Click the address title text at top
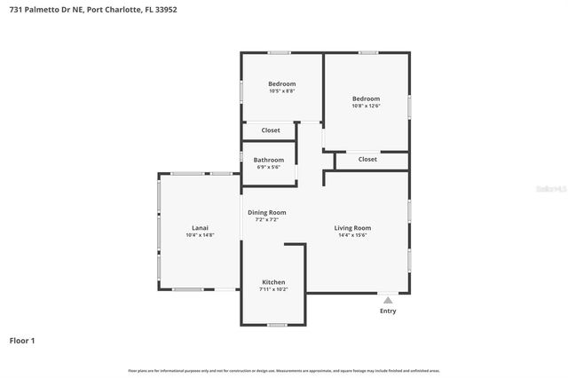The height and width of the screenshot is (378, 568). (78, 11)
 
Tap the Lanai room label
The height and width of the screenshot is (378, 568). (200, 227)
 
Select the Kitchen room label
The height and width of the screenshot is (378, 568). (272, 281)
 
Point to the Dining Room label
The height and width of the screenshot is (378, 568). (266, 212)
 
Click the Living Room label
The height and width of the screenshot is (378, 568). (352, 227)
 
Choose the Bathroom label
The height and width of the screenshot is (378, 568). (269, 160)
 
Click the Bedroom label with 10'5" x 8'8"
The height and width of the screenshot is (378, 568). (281, 83)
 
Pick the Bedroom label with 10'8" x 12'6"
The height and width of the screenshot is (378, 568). (365, 98)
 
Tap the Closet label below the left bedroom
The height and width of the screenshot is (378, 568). (271, 130)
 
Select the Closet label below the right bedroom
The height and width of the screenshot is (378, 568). (367, 159)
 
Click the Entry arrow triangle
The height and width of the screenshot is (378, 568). (388, 300)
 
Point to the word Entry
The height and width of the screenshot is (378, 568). (388, 311)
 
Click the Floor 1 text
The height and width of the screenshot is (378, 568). (22, 340)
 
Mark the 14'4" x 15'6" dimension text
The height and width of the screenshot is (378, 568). (352, 235)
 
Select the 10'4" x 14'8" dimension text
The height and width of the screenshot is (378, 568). (200, 235)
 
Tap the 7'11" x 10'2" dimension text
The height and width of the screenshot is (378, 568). (272, 289)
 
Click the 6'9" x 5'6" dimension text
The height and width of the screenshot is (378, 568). (269, 167)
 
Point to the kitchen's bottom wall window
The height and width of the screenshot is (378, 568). (277, 325)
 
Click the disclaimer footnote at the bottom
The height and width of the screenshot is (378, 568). (283, 370)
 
